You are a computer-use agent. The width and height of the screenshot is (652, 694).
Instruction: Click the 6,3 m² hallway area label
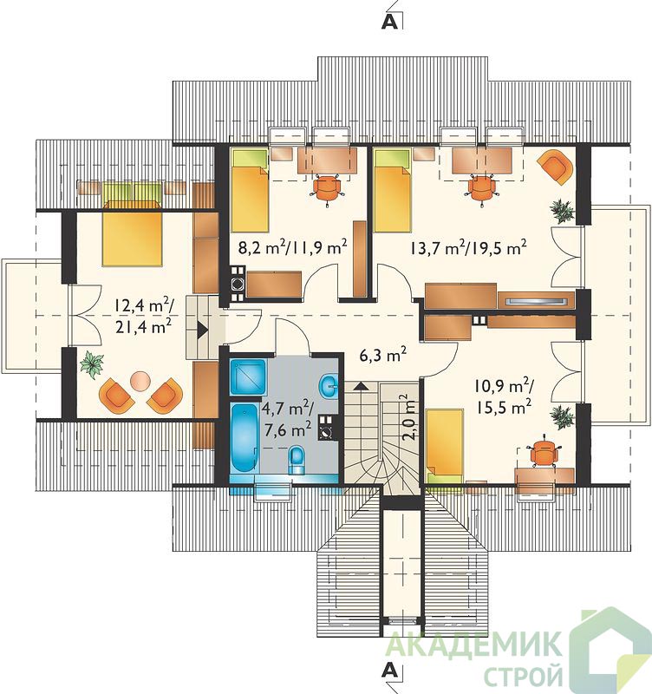click(x=383, y=355)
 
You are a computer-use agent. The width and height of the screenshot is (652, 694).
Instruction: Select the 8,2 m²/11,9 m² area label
click(x=292, y=247)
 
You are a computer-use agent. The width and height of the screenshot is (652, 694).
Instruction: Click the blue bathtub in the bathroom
click(x=244, y=439)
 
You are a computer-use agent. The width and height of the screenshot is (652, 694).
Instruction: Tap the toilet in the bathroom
click(x=297, y=461)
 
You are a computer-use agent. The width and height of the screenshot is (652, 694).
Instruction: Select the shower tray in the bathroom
click(x=248, y=376)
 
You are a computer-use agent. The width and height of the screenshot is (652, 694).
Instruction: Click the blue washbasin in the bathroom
click(x=329, y=386)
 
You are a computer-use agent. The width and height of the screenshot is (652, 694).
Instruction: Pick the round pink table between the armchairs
click(x=141, y=381)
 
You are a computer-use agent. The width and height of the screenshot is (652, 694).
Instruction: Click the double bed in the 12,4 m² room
click(x=132, y=232)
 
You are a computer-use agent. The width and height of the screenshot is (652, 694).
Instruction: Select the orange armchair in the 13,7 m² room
click(x=556, y=167)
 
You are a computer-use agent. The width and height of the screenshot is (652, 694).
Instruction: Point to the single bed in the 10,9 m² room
click(x=445, y=447)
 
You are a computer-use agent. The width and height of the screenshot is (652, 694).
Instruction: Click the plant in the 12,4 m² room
click(x=93, y=364)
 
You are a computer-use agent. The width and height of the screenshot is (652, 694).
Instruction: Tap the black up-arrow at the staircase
click(x=361, y=386)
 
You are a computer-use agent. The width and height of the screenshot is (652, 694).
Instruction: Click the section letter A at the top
click(x=389, y=23)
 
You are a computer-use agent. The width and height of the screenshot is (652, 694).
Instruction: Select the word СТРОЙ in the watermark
click(x=524, y=676)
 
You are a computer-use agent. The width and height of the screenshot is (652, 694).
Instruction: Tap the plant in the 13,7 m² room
click(x=562, y=210)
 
